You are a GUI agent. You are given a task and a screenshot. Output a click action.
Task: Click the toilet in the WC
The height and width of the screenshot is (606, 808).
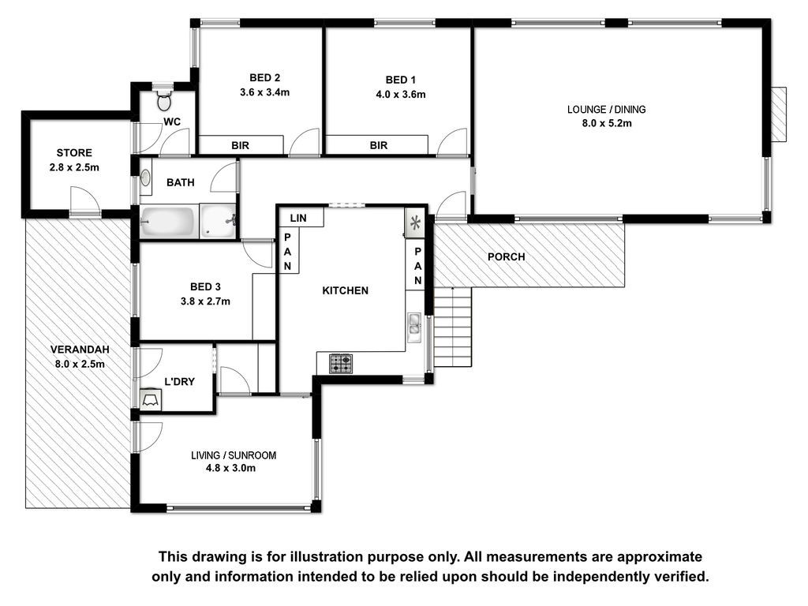(164, 100)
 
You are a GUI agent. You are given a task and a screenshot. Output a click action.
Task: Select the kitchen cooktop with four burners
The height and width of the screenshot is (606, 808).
(341, 364)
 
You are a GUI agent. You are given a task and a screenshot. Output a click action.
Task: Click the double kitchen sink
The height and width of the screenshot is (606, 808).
(414, 327)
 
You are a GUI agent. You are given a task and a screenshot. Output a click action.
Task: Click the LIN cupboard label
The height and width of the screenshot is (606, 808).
(297, 218)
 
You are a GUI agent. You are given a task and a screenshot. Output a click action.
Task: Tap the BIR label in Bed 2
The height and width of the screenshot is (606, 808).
(240, 146)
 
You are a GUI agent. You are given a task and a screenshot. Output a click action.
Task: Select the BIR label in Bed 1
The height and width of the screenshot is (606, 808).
(378, 146)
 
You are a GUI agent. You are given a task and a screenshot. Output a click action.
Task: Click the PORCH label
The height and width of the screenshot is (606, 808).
(506, 256)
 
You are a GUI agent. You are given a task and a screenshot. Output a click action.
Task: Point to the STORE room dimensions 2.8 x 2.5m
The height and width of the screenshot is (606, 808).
(74, 167)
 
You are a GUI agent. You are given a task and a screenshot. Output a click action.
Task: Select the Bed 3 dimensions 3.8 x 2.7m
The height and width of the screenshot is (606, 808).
(205, 301)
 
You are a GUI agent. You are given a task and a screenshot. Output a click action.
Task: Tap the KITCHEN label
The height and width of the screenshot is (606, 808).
(346, 290)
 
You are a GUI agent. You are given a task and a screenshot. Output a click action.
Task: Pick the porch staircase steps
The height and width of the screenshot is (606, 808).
(452, 327)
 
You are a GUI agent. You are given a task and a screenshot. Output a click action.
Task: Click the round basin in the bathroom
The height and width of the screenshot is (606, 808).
(146, 178)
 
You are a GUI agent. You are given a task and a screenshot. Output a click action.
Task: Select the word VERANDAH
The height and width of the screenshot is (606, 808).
(80, 350)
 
